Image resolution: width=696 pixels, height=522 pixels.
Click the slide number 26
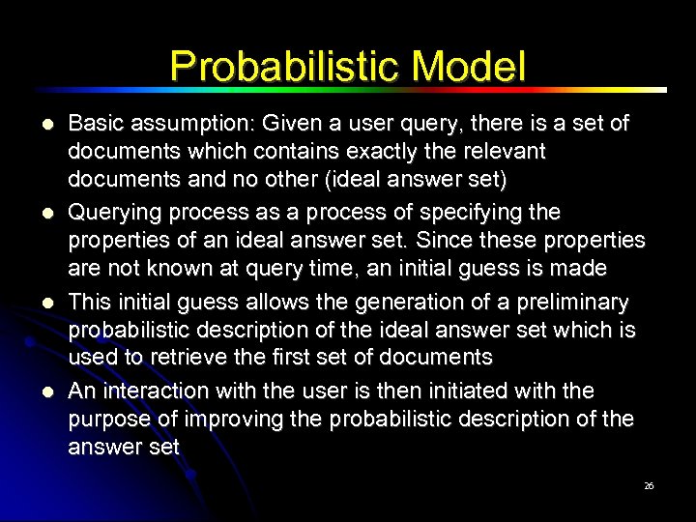tap(649, 486)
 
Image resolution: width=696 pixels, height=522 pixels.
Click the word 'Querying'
tap(110, 212)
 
